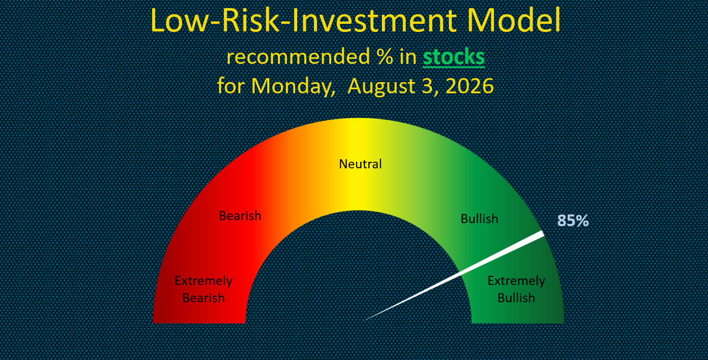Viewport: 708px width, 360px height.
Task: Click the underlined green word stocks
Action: [453, 57]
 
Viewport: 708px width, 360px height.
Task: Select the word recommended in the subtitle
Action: [298, 57]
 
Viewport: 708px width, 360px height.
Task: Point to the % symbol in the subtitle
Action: [384, 57]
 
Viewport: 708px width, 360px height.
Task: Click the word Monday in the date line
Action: [293, 86]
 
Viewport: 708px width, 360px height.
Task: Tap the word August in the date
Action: [381, 87]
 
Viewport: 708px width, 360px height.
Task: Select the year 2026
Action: [469, 86]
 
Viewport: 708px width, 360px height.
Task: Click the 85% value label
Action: [573, 221]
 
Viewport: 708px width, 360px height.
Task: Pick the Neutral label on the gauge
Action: [360, 164]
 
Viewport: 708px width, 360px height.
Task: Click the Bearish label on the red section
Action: [240, 216]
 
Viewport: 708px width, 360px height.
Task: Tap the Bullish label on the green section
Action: [479, 219]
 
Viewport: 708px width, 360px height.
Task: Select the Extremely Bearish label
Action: [203, 289]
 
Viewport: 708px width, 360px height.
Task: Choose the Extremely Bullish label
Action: [516, 289]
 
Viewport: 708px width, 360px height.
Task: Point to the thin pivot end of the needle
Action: [363, 321]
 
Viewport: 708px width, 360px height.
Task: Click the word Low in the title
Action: [178, 20]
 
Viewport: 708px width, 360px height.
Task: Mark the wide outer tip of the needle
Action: [543, 234]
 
